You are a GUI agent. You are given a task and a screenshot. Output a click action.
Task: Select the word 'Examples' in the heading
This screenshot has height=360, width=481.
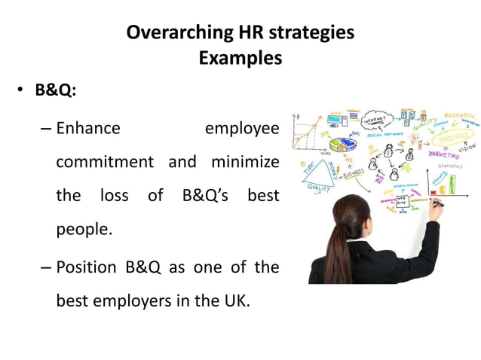[240, 58]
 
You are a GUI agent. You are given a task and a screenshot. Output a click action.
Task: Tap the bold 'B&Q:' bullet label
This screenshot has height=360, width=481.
[57, 90]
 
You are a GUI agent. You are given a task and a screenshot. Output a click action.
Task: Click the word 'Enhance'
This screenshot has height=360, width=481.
[88, 128]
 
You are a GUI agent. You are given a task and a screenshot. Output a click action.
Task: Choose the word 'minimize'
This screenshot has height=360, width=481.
[244, 161]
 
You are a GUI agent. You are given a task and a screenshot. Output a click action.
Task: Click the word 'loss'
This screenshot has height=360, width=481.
[114, 195]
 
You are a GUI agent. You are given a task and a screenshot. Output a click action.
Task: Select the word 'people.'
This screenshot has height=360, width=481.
[84, 229]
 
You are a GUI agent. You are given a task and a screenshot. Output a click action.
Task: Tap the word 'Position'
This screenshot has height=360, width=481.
[87, 267]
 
